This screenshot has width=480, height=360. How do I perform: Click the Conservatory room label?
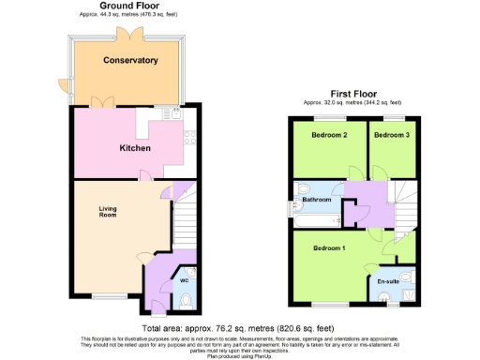130,61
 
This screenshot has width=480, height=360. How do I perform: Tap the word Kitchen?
135,148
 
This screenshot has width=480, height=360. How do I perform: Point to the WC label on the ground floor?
184,279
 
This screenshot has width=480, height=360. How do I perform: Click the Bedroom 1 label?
329,247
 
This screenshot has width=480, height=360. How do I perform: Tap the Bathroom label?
316,200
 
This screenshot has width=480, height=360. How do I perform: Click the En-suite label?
388,281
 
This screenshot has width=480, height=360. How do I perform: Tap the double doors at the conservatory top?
126,34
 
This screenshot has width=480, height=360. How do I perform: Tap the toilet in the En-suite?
389,299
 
